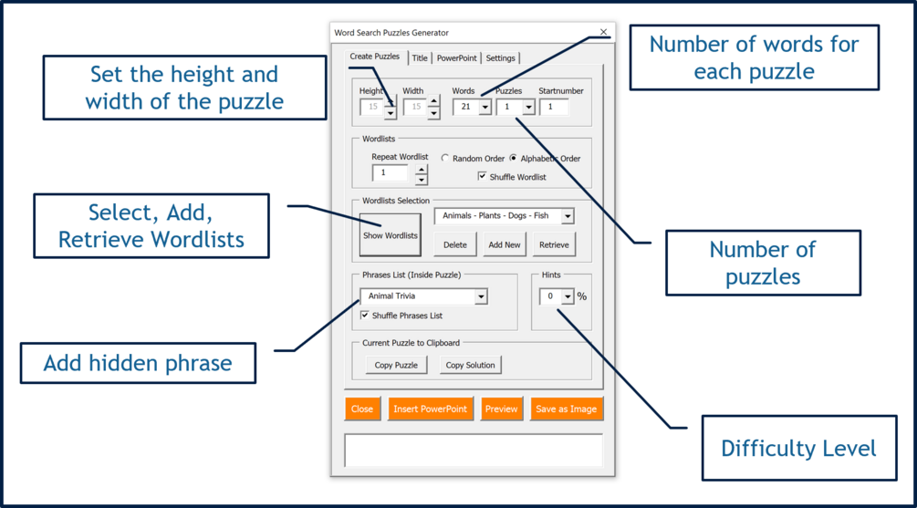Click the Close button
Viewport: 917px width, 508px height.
362,409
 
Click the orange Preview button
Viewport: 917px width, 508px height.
501,409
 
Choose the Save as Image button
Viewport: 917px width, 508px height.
566,409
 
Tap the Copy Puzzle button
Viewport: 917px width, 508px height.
396,365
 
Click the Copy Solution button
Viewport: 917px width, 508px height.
470,365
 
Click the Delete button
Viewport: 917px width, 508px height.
454,244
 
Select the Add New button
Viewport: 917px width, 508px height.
504,244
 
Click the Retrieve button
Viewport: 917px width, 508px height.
554,244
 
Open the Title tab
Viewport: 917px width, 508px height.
420,58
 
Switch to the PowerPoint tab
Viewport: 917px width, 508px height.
456,58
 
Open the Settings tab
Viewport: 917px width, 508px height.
500,58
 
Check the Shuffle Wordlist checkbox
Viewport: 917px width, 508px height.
483,176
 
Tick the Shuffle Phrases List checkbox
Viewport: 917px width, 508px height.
365,316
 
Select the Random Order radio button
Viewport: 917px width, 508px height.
445,159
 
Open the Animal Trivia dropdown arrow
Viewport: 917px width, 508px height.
481,296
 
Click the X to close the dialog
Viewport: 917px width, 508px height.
603,32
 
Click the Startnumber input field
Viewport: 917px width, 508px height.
554,107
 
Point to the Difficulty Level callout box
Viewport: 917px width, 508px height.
797,448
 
